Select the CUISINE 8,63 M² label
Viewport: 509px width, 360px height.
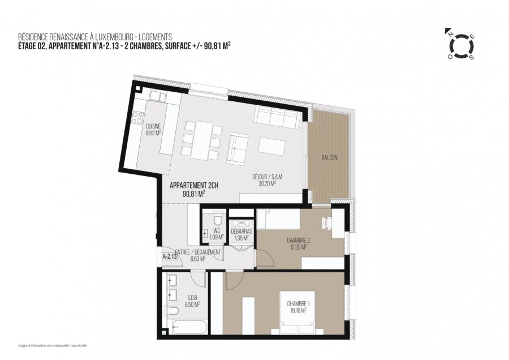click(x=153, y=130)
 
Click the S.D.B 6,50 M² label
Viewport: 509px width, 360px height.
click(x=192, y=301)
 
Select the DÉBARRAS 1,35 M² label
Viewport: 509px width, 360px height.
click(x=241, y=234)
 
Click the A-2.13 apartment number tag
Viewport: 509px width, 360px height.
click(x=169, y=256)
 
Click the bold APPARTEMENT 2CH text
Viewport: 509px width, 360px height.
click(x=193, y=185)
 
